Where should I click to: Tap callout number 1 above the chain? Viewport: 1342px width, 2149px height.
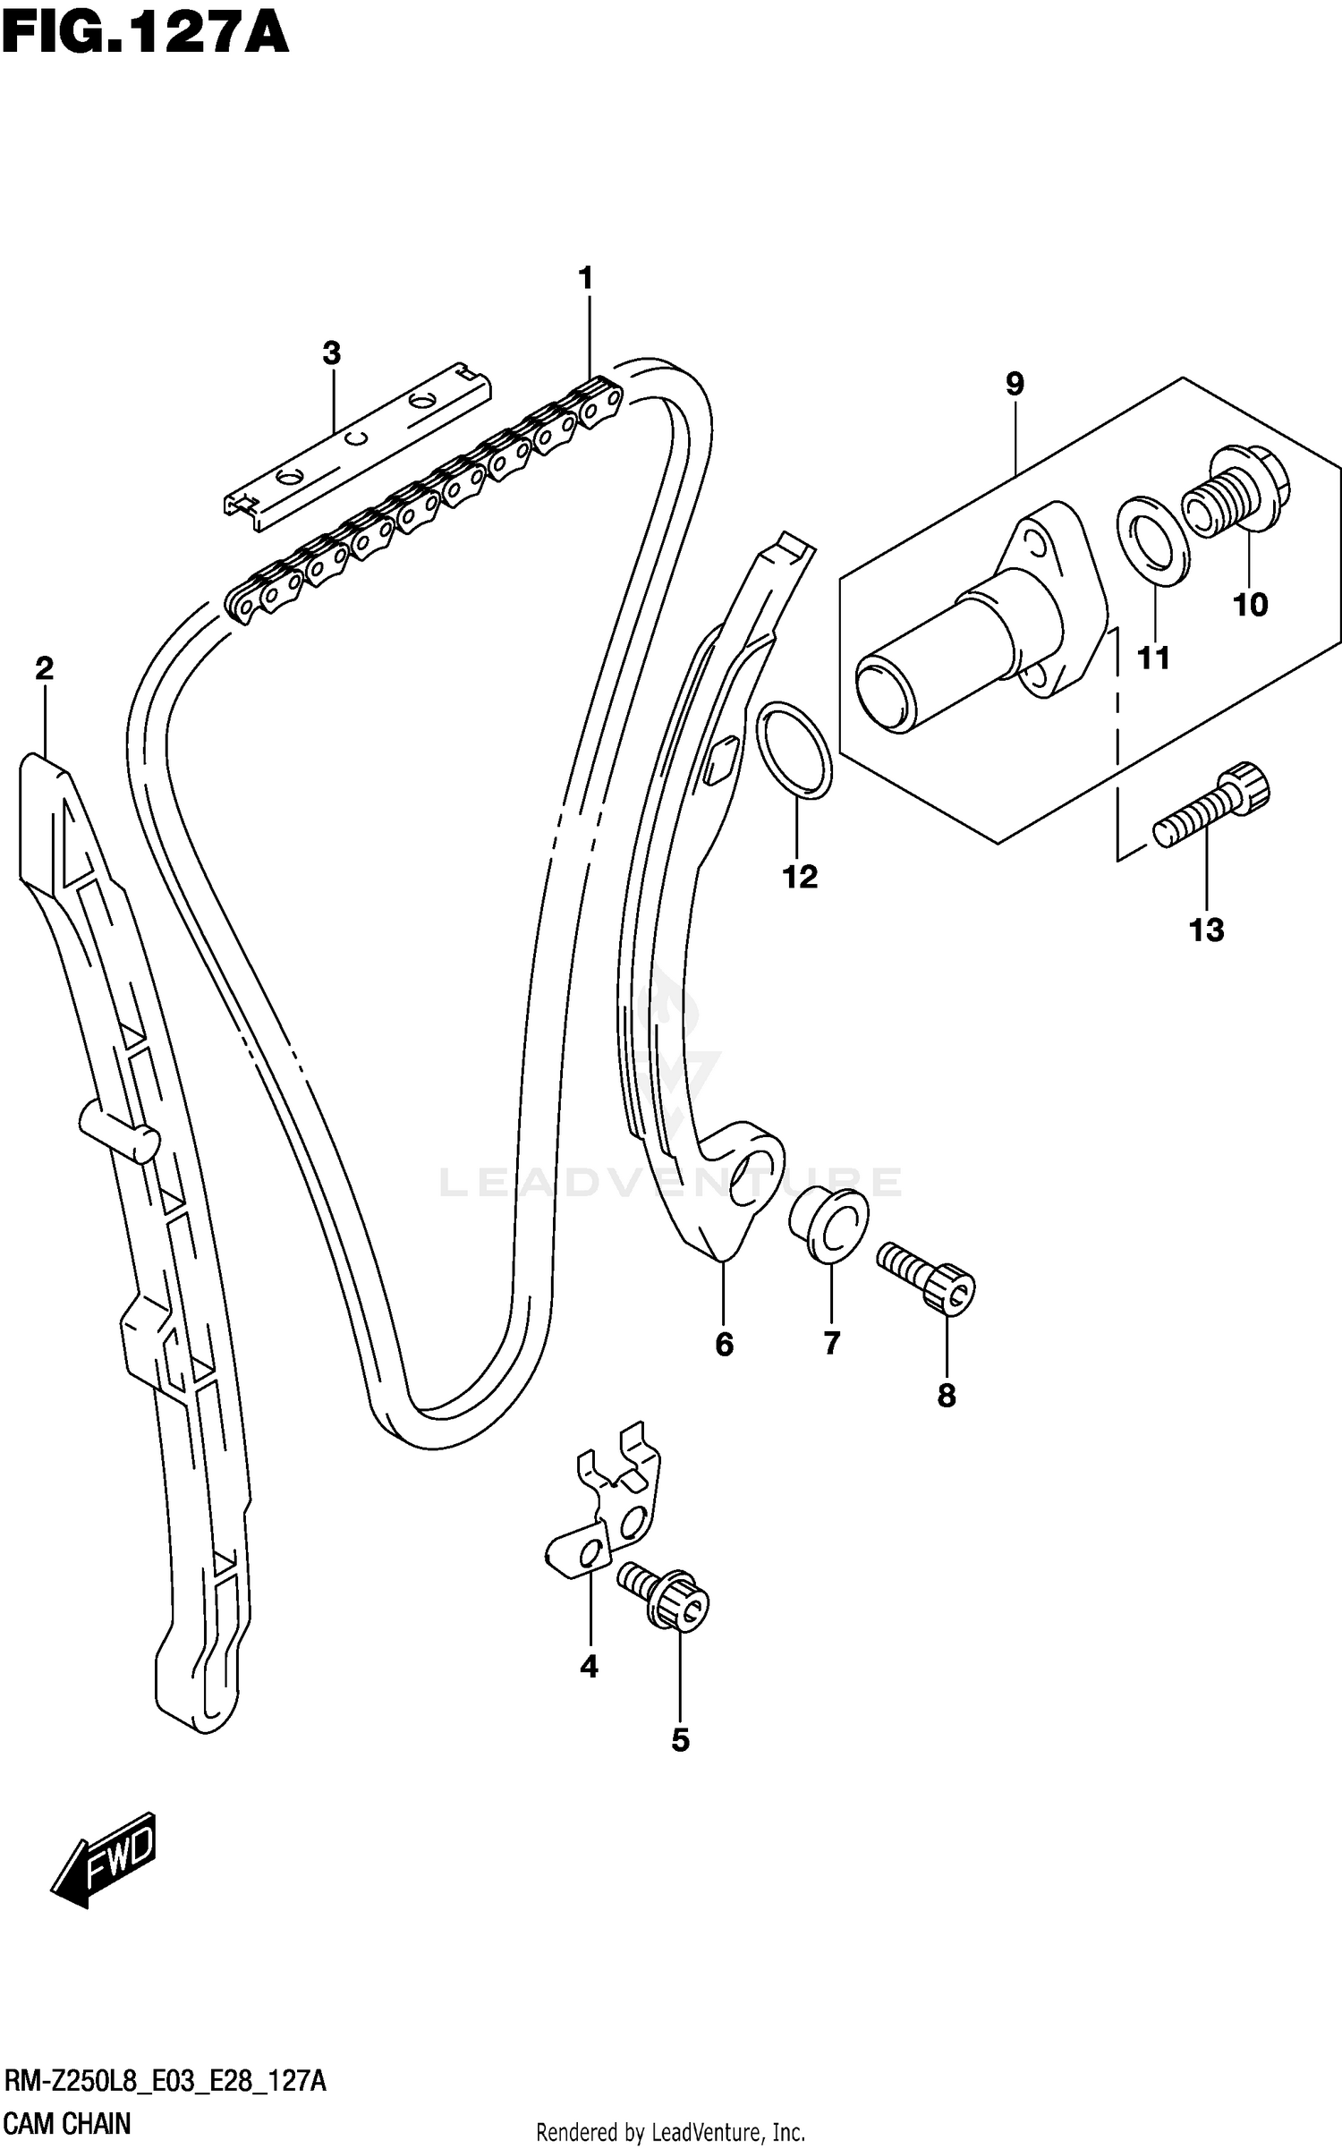[x=586, y=279]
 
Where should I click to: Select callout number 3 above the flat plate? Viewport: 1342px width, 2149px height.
[x=332, y=353]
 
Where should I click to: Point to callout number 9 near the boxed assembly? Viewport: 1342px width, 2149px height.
[x=1014, y=384]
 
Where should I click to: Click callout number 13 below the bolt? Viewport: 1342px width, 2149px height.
[x=1206, y=930]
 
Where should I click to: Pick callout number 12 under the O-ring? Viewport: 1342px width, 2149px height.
[x=800, y=877]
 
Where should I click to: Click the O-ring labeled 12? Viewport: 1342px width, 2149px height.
[x=795, y=749]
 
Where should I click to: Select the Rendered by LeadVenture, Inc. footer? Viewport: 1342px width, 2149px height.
[x=670, y=2134]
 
